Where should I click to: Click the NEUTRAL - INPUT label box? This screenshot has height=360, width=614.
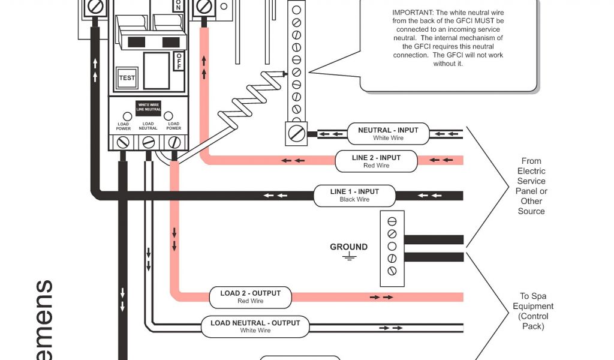pyautogui.click(x=388, y=134)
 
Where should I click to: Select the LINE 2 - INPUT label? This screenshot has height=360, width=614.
pyautogui.click(x=376, y=161)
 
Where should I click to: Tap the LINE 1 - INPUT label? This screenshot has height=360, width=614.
pyautogui.click(x=354, y=195)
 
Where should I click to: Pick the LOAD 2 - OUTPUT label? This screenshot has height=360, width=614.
pyautogui.click(x=250, y=296)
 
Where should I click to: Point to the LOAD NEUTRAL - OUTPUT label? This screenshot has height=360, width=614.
pyautogui.click(x=255, y=326)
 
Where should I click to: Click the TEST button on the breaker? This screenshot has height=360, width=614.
pyautogui.click(x=127, y=78)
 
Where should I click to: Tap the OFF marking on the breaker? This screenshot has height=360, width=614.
pyautogui.click(x=179, y=61)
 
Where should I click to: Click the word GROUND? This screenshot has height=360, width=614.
pyautogui.click(x=348, y=247)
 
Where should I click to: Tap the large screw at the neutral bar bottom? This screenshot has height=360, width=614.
pyautogui.click(x=296, y=131)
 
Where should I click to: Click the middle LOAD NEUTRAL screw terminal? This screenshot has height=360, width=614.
pyautogui.click(x=148, y=142)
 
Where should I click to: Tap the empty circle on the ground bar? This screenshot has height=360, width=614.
pyautogui.click(x=392, y=246)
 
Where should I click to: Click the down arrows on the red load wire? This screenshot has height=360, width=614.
pyautogui.click(x=174, y=239)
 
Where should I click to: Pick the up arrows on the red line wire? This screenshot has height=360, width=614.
pyautogui.click(x=204, y=67)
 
